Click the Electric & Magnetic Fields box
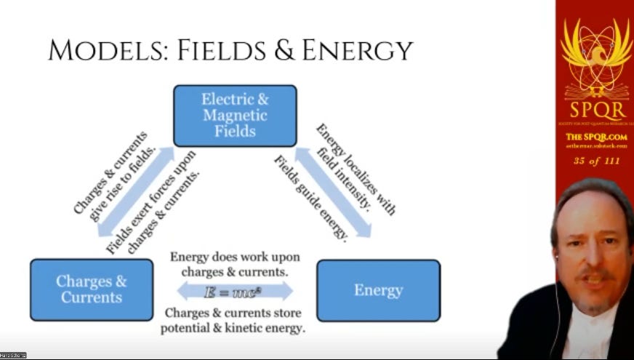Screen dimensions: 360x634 tap(235, 116)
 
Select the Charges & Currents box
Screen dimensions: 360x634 tap(92, 289)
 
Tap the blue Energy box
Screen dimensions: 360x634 tap(378, 290)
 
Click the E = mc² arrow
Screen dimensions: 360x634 tap(235, 290)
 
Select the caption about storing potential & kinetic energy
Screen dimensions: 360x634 tap(234, 321)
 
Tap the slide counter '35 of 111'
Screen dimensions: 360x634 tap(594, 161)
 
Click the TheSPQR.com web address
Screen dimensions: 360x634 tap(594, 137)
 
